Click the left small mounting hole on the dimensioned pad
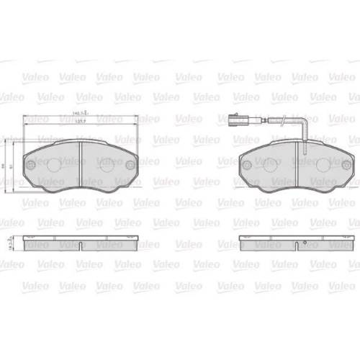[x=31, y=164]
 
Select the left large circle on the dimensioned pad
[x=55, y=165]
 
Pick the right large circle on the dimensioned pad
[x=106, y=165]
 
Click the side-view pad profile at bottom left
[x=80, y=245]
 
